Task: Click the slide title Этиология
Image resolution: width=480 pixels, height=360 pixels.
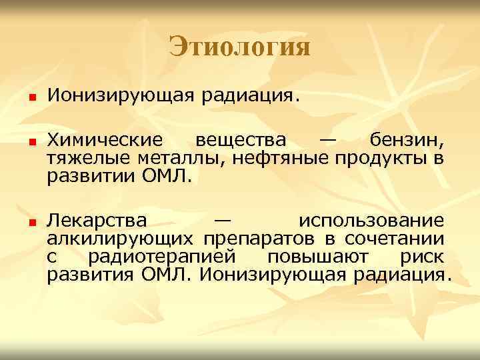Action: tap(239, 47)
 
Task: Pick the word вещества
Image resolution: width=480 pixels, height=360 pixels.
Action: tap(239, 141)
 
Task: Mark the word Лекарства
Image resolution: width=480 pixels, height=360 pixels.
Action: tap(98, 220)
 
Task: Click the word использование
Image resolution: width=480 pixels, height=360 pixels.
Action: tap(370, 220)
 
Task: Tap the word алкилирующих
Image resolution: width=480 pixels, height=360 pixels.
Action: tap(121, 238)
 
